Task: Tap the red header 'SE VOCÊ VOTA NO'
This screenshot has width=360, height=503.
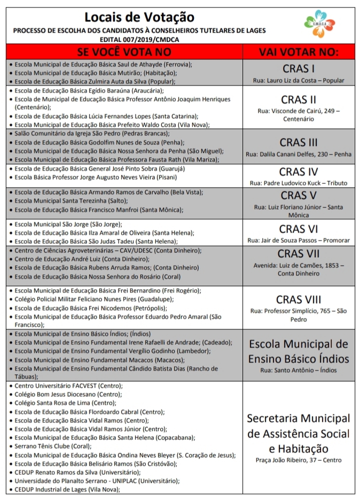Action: (x=124, y=52)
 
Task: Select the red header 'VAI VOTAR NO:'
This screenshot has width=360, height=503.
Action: (x=299, y=52)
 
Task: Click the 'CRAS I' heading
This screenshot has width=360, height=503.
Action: (x=299, y=68)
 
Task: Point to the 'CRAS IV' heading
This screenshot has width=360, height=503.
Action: (x=299, y=172)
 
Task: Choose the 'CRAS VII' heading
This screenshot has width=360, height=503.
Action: (x=299, y=253)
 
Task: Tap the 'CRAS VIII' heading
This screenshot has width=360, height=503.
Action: (x=299, y=299)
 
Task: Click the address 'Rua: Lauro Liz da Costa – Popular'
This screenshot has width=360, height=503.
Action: (x=299, y=81)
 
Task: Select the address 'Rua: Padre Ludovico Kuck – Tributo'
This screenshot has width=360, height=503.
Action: (x=299, y=183)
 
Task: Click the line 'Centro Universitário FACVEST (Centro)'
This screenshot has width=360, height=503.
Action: (x=68, y=385)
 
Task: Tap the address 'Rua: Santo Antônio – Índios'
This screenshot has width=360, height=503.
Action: (x=299, y=370)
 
